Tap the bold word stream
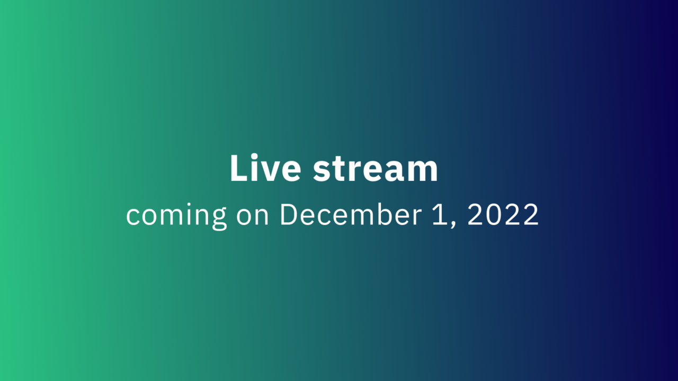[376, 170]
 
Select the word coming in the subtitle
[176, 215]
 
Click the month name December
[351, 214]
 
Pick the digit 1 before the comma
[440, 214]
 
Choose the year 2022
[503, 214]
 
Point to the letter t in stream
[338, 170]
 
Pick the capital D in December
[289, 214]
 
